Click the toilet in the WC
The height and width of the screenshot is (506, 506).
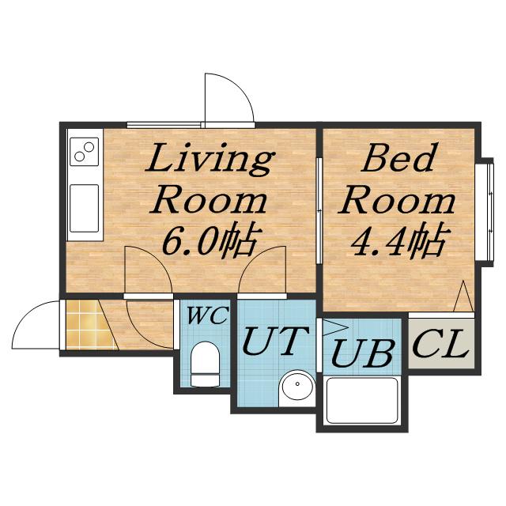(206, 364)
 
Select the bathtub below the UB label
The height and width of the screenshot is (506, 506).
(362, 400)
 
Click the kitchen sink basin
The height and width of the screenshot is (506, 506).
(85, 208)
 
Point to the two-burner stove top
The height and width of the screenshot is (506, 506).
(85, 152)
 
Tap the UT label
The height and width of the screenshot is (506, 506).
(275, 341)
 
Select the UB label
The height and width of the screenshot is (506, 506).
(362, 353)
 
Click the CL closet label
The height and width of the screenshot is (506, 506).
(441, 343)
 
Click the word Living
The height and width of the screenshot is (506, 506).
(210, 160)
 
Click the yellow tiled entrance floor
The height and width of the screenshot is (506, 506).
(89, 325)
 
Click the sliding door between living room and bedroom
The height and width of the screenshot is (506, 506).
(319, 210)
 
